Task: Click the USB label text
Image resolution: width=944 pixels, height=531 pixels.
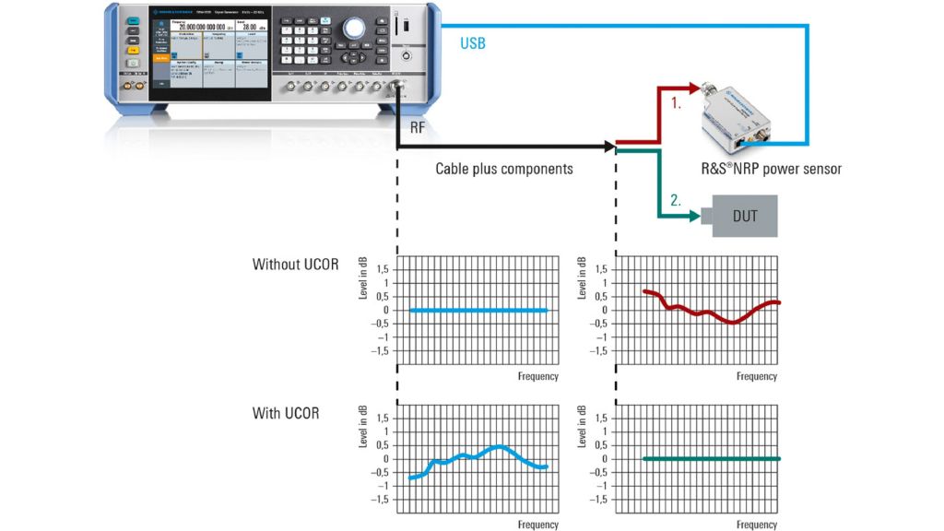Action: pyautogui.click(x=472, y=43)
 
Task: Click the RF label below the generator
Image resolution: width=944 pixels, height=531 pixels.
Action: pyautogui.click(x=418, y=128)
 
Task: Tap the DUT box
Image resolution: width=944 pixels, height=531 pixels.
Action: pyautogui.click(x=744, y=216)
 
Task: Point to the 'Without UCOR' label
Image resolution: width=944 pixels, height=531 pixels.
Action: pyautogui.click(x=295, y=265)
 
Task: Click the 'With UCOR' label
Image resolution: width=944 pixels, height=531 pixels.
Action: pyautogui.click(x=286, y=413)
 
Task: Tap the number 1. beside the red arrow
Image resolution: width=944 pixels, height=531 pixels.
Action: pyautogui.click(x=676, y=104)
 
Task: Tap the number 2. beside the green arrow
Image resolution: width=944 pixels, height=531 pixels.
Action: pyautogui.click(x=676, y=199)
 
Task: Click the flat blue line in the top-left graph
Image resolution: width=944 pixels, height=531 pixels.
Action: pyautogui.click(x=478, y=311)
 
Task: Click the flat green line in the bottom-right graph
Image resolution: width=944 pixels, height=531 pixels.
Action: pyautogui.click(x=711, y=459)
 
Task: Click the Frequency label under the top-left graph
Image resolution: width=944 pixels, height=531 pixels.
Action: pyautogui.click(x=537, y=376)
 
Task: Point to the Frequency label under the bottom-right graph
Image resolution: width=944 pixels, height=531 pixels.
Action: pyautogui.click(x=757, y=525)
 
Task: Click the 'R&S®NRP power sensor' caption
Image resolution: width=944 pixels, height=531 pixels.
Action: pyautogui.click(x=771, y=170)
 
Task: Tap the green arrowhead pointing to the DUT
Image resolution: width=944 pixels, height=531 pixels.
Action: pyautogui.click(x=692, y=217)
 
